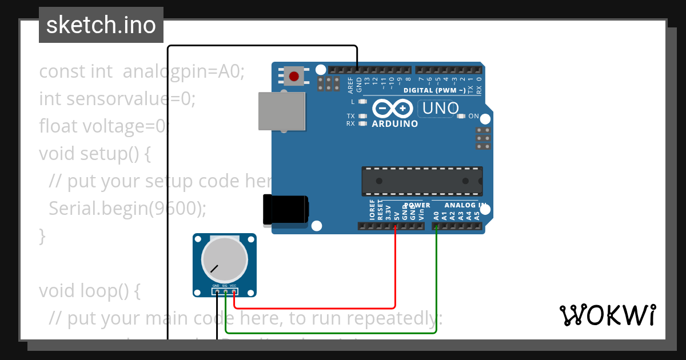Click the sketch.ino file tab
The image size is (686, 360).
(x=101, y=25)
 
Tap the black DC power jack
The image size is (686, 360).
(x=285, y=210)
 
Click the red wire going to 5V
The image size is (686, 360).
(x=395, y=269)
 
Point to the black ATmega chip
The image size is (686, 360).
(x=421, y=181)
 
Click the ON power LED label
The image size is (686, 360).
(x=473, y=116)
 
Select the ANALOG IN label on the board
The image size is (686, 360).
(x=465, y=205)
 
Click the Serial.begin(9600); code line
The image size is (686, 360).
(x=127, y=209)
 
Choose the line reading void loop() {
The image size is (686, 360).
(x=89, y=291)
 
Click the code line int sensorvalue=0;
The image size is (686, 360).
(x=117, y=99)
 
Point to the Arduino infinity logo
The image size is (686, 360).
(x=393, y=109)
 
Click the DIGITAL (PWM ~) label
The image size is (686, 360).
(x=434, y=90)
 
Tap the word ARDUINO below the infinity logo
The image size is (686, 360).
(x=394, y=123)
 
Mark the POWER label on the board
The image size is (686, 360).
(x=417, y=205)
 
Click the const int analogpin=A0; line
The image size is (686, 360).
(x=142, y=71)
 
